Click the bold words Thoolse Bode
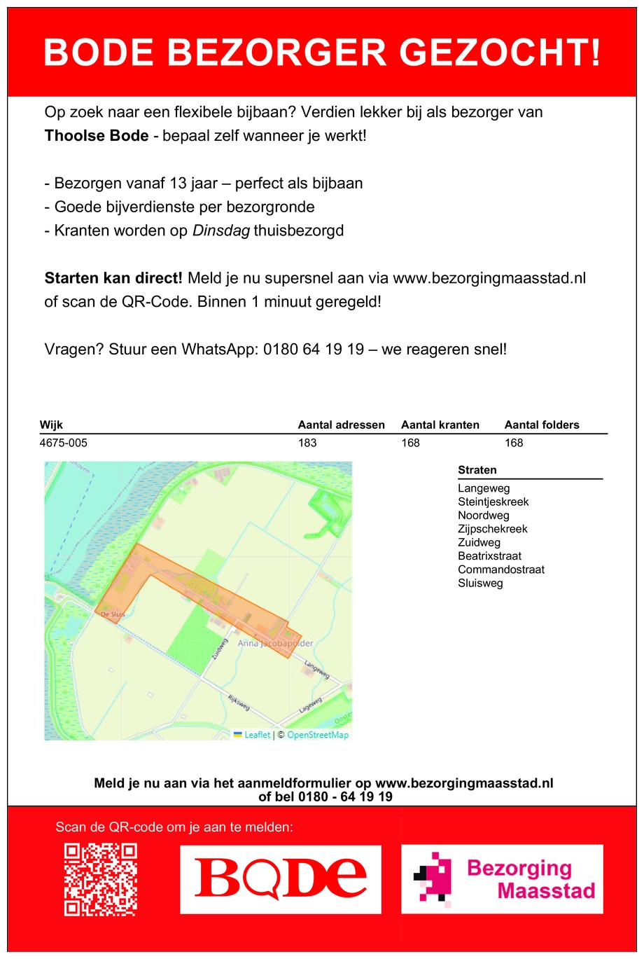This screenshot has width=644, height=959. [x=97, y=136]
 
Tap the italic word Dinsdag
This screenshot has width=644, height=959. [x=220, y=231]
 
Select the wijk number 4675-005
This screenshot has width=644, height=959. [x=64, y=443]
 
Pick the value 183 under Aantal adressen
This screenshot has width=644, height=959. [x=307, y=443]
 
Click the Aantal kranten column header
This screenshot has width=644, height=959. [x=440, y=425]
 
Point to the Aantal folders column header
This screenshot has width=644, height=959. [x=542, y=425]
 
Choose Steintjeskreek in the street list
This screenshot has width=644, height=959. [x=493, y=502]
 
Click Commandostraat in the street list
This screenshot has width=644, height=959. [x=500, y=570]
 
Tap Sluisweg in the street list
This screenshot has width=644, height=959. [x=480, y=584]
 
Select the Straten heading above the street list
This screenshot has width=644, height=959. [x=477, y=471]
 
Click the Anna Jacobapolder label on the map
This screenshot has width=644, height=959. [x=275, y=643]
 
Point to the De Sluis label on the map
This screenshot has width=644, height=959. [x=113, y=614]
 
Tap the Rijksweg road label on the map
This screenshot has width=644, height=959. [x=239, y=701]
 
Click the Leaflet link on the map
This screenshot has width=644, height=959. [x=256, y=735]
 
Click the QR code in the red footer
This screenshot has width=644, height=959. [x=100, y=879]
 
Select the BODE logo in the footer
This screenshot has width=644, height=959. [x=280, y=879]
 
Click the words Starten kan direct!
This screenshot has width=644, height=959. [x=113, y=278]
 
